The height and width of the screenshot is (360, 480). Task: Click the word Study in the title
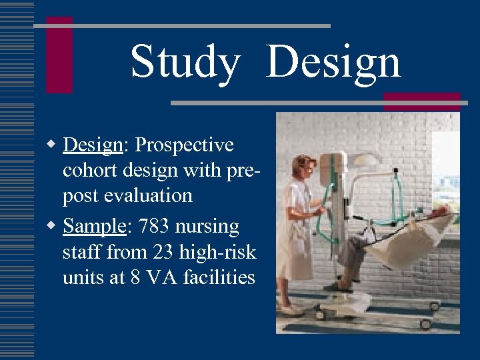click(x=185, y=62)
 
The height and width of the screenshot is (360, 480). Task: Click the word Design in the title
click(x=333, y=62)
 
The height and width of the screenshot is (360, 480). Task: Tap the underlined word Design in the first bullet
click(x=92, y=145)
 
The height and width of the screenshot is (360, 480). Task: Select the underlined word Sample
click(x=94, y=227)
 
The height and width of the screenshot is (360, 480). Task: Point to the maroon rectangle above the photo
click(x=422, y=101)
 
